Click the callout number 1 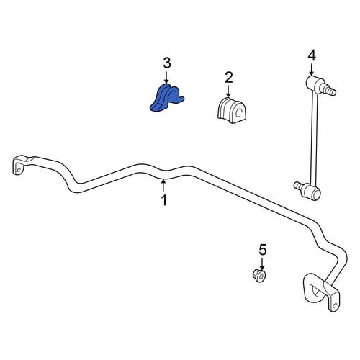tap(164, 200)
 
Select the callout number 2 tap(228, 78)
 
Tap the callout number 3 tap(167, 63)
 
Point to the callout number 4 tap(312, 55)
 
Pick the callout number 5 tap(262, 250)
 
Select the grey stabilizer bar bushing tap(233, 110)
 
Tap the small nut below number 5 tap(259, 276)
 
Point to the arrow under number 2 tap(228, 91)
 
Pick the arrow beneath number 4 tap(311, 69)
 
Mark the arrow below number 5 tap(262, 264)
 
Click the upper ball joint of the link tap(313, 83)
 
